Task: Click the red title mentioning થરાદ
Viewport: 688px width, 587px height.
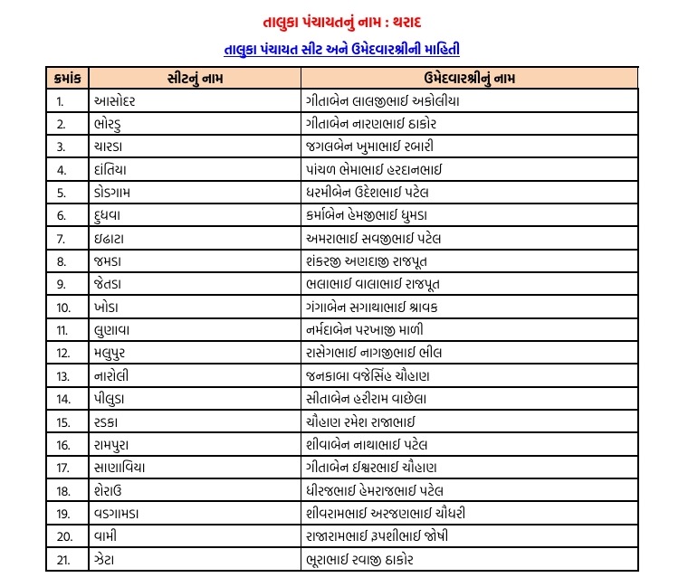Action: point(343,20)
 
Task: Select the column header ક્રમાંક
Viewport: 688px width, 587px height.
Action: point(66,79)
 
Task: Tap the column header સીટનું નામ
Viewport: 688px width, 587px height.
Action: point(195,79)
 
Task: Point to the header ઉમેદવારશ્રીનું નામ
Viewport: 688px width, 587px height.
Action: point(469,79)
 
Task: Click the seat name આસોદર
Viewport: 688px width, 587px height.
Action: point(115,101)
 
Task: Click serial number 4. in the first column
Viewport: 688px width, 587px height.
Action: point(62,169)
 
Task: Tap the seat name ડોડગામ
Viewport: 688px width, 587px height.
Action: point(115,193)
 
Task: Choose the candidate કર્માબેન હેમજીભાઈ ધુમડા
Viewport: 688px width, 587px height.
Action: point(372,215)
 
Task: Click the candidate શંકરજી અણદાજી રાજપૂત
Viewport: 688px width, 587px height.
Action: point(367,261)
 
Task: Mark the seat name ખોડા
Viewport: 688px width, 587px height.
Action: point(107,308)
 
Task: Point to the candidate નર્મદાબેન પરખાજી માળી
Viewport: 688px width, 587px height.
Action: point(365,330)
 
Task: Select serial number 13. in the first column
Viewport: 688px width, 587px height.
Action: point(62,376)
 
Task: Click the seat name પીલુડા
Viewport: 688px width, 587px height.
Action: point(110,399)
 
